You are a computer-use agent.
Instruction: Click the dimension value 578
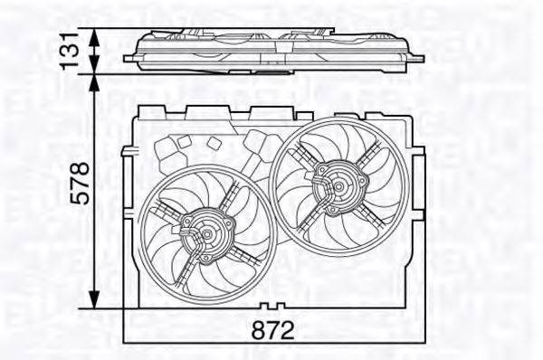(x=82, y=185)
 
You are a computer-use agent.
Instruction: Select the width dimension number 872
(x=273, y=331)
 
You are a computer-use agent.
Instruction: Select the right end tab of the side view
(x=417, y=59)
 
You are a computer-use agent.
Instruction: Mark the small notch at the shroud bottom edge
(x=274, y=307)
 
